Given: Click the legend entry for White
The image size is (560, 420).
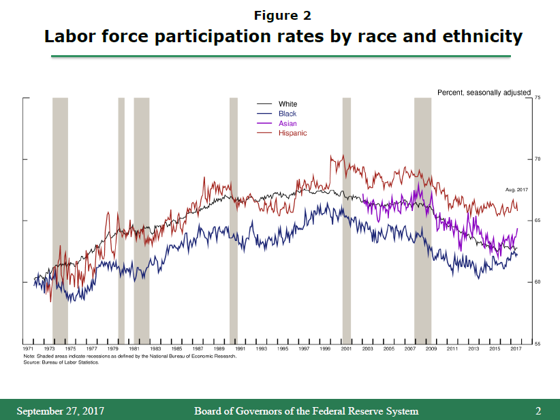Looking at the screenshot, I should point(287,104).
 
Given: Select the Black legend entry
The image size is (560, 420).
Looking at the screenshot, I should point(287,114).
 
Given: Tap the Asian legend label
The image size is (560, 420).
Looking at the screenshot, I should point(287,123).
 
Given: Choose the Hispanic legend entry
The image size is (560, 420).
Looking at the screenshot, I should point(292,133).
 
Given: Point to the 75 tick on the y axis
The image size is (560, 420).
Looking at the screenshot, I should point(537,98).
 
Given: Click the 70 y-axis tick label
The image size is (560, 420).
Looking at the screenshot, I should point(537,159).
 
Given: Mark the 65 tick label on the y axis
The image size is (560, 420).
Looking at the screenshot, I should point(537,221).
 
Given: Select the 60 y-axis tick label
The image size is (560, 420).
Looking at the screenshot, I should point(537,282).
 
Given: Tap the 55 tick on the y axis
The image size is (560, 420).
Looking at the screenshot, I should point(537,343).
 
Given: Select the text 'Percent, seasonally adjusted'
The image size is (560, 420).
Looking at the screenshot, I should point(483,92).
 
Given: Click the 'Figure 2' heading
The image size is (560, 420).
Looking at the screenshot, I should point(282,15).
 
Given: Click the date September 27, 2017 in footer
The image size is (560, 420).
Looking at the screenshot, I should point(61,410).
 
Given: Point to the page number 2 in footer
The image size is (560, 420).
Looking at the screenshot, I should point(538,410).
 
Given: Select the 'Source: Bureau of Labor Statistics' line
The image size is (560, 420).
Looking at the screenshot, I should point(61,362).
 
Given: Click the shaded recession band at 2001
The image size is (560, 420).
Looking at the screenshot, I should point(346,218).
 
